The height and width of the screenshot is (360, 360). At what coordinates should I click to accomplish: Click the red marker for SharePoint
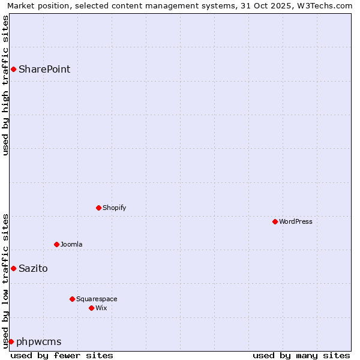tap(13, 69)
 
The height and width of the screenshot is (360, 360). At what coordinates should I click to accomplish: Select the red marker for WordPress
tap(275, 221)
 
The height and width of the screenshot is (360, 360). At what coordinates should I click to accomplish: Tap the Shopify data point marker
tap(98, 208)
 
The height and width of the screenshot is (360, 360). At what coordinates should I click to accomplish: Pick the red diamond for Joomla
tap(56, 244)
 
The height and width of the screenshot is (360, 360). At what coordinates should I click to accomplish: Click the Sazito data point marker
tap(13, 268)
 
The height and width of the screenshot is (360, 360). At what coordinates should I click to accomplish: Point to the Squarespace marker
tap(72, 299)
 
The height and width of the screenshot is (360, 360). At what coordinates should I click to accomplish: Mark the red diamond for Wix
tap(91, 308)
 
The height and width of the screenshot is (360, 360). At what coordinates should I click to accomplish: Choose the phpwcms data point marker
tap(11, 341)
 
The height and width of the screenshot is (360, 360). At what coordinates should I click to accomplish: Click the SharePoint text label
tap(44, 69)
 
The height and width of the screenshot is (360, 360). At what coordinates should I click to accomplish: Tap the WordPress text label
tap(296, 221)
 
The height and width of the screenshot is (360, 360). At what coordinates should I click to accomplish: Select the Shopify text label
tap(114, 208)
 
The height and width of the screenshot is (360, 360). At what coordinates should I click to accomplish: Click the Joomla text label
tap(71, 244)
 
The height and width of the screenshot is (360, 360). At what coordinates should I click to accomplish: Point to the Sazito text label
tap(33, 268)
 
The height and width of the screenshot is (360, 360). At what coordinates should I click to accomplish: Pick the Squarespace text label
tap(97, 299)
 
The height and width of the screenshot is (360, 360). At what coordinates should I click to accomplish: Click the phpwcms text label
tap(39, 341)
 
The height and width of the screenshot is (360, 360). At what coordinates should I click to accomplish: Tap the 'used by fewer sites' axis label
tap(62, 355)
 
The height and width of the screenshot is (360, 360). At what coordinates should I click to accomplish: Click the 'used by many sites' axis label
tap(301, 355)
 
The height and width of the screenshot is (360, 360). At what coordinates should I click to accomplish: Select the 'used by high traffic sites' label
tap(5, 85)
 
